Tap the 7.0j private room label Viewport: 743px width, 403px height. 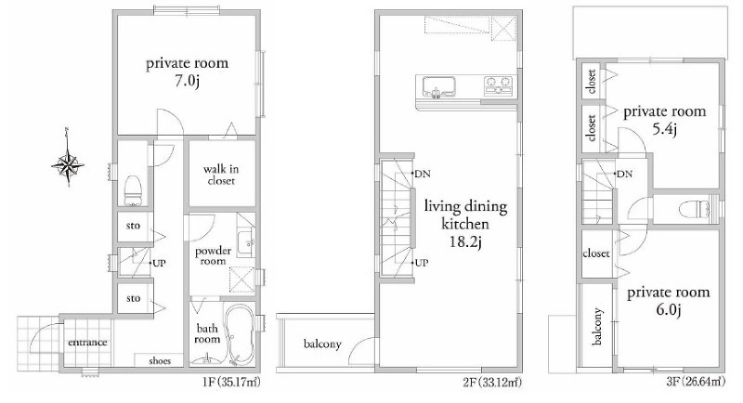tap(187, 72)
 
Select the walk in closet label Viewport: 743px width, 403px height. tap(221, 175)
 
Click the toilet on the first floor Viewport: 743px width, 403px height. tap(132, 190)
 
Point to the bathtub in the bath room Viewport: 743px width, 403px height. tap(239, 334)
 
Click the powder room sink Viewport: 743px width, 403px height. tap(245, 243)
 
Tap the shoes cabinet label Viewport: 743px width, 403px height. tap(160, 360)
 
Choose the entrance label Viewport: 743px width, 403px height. tap(87, 343)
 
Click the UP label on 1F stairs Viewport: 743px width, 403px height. tap(159, 263)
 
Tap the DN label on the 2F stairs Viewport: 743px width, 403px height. tap(423, 175)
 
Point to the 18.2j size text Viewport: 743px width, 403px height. tap(465, 242)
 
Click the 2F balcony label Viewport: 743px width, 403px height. tap(322, 344)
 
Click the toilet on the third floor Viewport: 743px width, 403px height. tap(694, 209)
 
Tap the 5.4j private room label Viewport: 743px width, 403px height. tap(664, 121)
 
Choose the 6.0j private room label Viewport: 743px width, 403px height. tap(668, 301)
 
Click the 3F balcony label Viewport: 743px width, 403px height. tap(597, 326)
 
